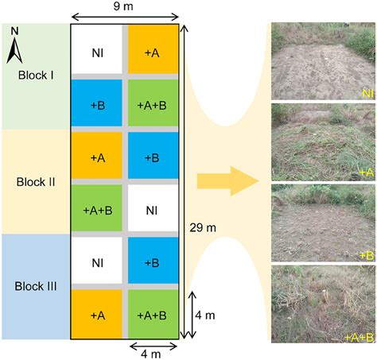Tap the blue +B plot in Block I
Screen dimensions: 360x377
click(97, 103)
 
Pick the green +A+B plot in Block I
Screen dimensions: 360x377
click(151, 103)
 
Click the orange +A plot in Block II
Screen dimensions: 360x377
click(97, 157)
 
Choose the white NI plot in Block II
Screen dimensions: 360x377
click(151, 210)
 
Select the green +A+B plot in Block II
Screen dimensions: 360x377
click(97, 210)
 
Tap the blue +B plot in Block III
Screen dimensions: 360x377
click(151, 262)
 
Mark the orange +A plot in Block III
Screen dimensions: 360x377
click(97, 315)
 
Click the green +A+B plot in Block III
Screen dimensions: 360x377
click(151, 315)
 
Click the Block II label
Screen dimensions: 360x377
click(36, 181)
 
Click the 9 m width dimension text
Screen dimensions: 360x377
click(124, 7)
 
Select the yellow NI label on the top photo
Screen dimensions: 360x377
click(367, 93)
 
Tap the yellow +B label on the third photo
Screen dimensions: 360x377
click(366, 254)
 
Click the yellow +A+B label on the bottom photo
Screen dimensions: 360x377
click(360, 337)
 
